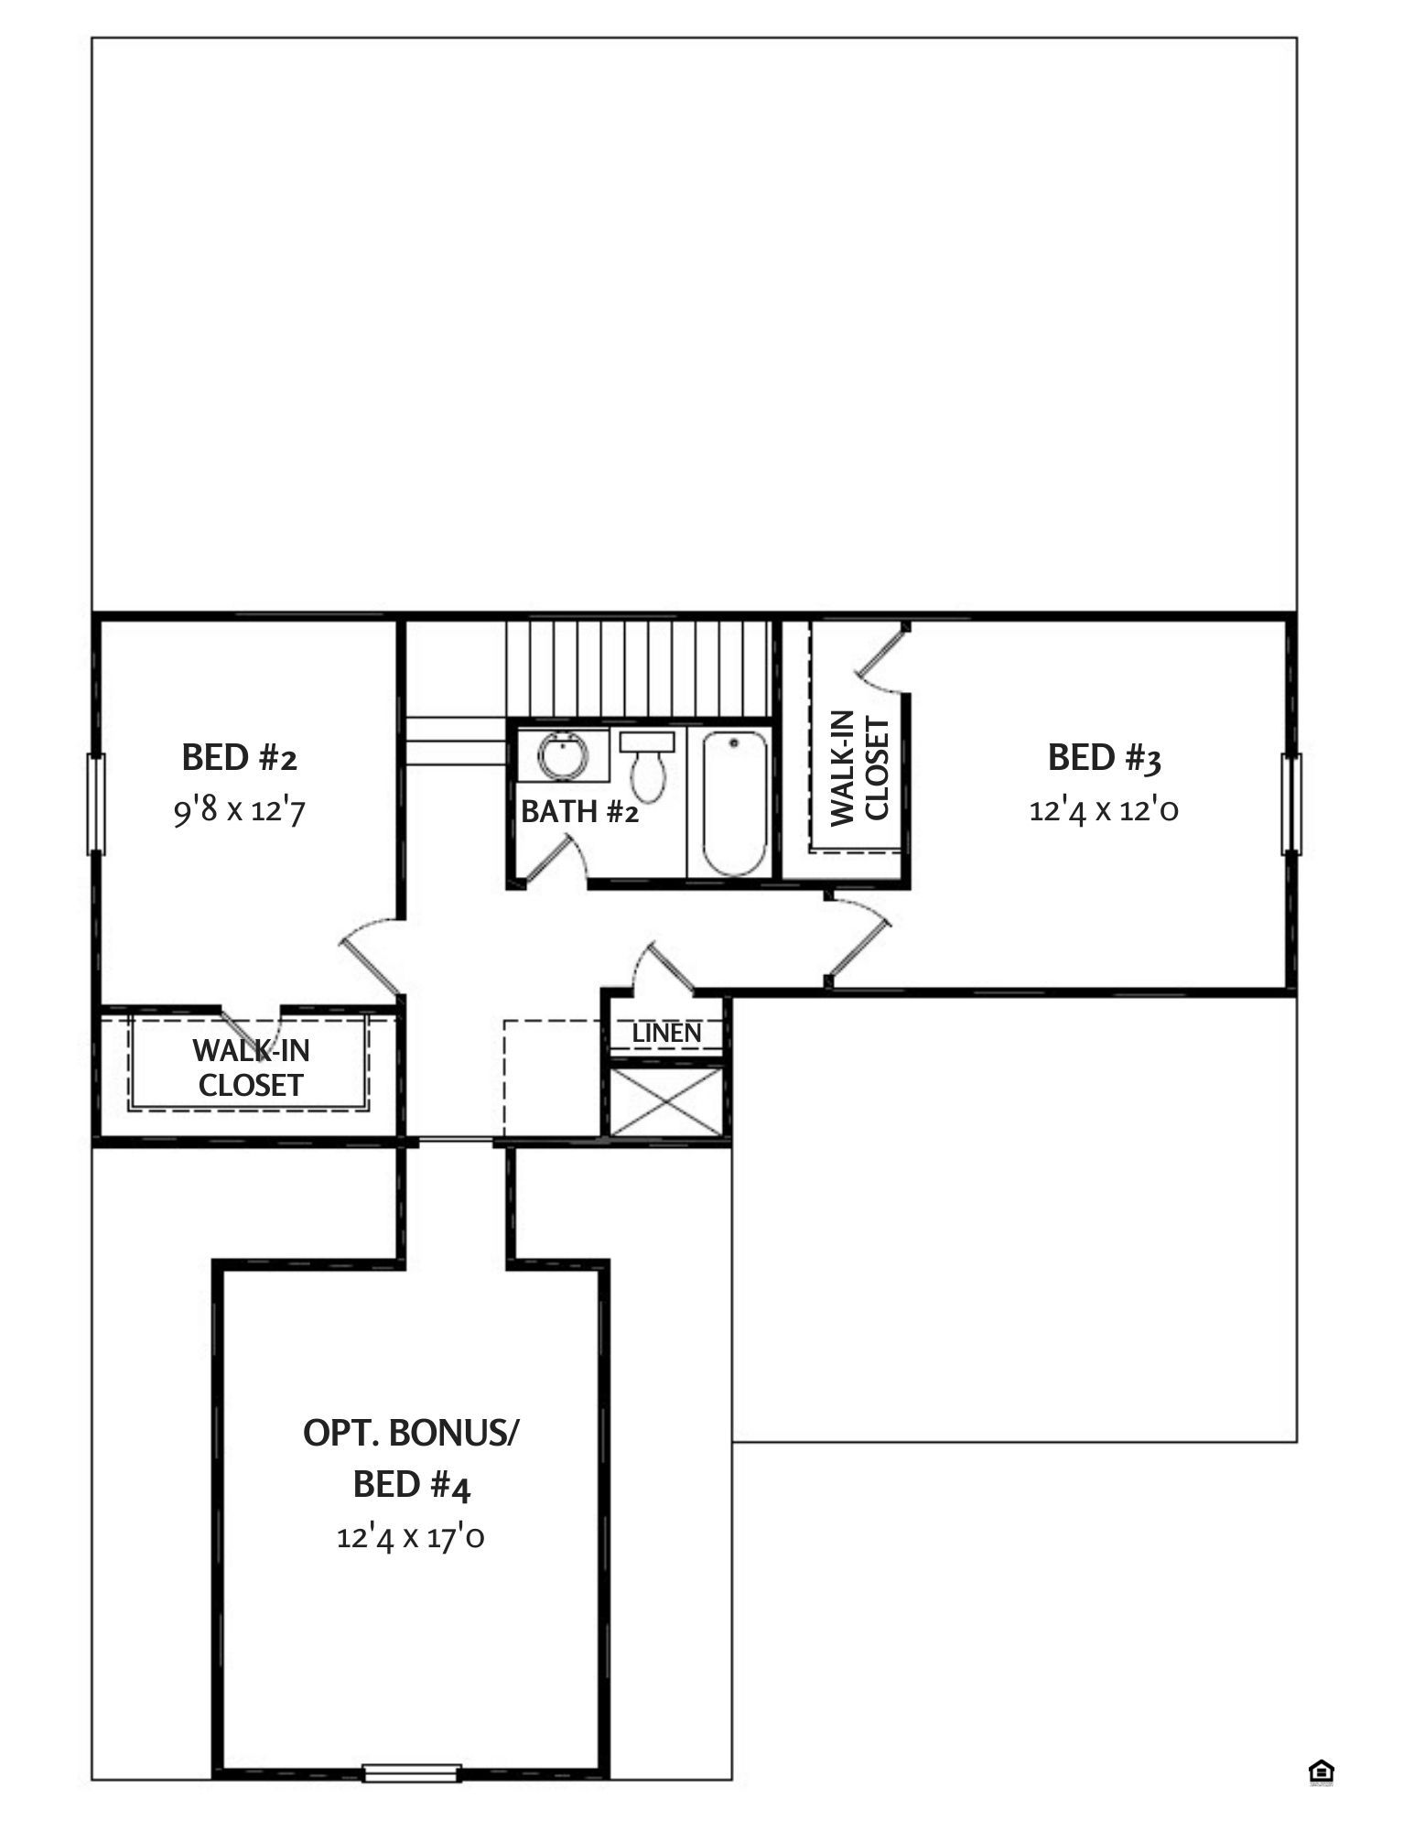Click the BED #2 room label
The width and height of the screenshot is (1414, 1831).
tap(240, 759)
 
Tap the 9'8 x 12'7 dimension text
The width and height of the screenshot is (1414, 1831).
tap(239, 811)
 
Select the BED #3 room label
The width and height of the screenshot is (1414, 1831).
tap(1105, 759)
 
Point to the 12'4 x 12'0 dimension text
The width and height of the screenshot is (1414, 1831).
tap(1104, 811)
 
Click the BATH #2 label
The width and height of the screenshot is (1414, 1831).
tap(579, 812)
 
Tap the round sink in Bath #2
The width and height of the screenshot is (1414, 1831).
tap(557, 756)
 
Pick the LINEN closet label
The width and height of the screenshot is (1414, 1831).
tap(667, 1034)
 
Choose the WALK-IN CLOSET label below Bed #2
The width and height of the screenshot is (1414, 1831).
tap(251, 1067)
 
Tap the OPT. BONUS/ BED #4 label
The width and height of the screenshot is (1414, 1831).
tap(411, 1458)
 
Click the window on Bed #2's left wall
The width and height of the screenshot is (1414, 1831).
tap(95, 804)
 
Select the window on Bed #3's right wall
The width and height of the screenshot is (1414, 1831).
tap(1291, 804)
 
